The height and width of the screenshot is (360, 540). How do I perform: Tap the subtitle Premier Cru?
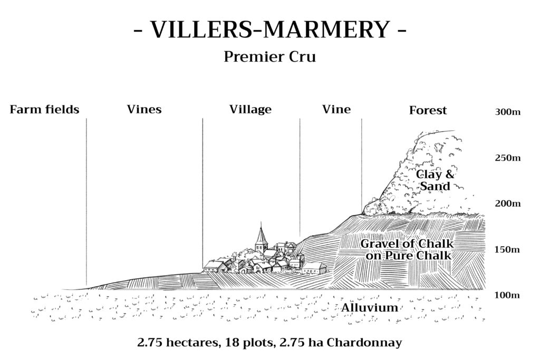tap(269, 57)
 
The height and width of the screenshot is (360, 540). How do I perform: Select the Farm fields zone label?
tap(44, 110)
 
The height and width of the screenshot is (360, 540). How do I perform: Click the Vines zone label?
tap(144, 110)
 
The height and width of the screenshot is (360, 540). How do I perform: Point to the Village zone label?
tap(250, 110)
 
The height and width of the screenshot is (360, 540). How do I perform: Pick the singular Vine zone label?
tap(336, 110)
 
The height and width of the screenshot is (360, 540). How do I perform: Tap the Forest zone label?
tap(428, 111)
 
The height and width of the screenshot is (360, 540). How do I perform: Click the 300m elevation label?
tap(508, 112)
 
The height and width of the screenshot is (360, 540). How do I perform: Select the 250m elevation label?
tap(508, 158)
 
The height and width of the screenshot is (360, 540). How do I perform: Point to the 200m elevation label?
tap(508, 203)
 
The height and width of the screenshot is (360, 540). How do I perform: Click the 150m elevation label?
tap(507, 249)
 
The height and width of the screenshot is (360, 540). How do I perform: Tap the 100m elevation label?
tap(507, 295)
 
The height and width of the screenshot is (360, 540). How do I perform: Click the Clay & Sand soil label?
tap(435, 180)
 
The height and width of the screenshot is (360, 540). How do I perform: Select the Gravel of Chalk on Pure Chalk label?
tap(407, 249)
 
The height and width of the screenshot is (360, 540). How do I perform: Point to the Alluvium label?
tap(370, 307)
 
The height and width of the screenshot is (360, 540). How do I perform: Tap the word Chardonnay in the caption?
tap(364, 343)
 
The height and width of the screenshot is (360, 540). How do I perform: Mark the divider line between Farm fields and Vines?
tap(86, 203)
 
